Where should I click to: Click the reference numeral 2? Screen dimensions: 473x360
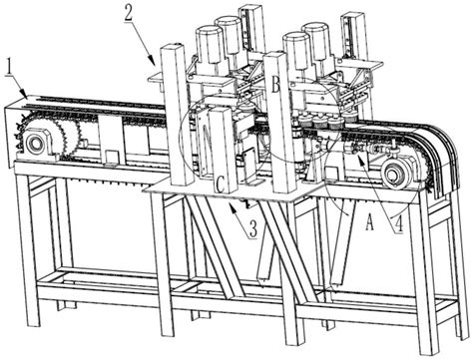tap(129, 12)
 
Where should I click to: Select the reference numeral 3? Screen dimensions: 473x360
tap(253, 229)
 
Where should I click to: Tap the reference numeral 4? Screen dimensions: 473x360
tap(398, 223)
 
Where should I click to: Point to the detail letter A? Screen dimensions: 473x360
tap(369, 221)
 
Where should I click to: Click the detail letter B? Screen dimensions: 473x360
tap(275, 85)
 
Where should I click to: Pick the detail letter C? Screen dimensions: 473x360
tap(221, 184)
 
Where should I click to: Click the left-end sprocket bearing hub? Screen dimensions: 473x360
tap(35, 144)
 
